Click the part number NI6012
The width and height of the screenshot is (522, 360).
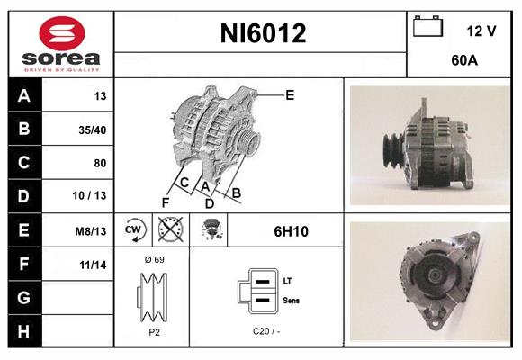click(264, 33)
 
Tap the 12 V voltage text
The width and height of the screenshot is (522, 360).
click(481, 31)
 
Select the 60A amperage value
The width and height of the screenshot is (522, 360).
click(464, 61)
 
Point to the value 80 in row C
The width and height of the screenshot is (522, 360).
click(99, 164)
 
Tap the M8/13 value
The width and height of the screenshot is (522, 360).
click(91, 231)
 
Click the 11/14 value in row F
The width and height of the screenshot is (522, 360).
click(94, 265)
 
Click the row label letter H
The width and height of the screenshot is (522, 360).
click(22, 331)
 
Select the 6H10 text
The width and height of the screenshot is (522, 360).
click(292, 231)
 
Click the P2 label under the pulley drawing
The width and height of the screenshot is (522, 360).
click(154, 331)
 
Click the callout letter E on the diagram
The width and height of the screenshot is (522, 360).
click(290, 94)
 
